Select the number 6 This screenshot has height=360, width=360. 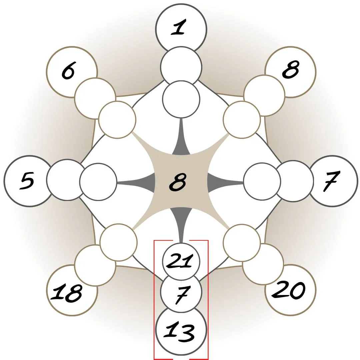click(68, 71)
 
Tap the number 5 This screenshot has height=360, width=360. click(27, 181)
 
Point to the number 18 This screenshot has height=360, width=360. click(66, 293)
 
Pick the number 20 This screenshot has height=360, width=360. click(289, 290)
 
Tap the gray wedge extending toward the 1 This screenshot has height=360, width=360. click(181, 142)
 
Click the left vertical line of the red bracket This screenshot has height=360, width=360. click(154, 300)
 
